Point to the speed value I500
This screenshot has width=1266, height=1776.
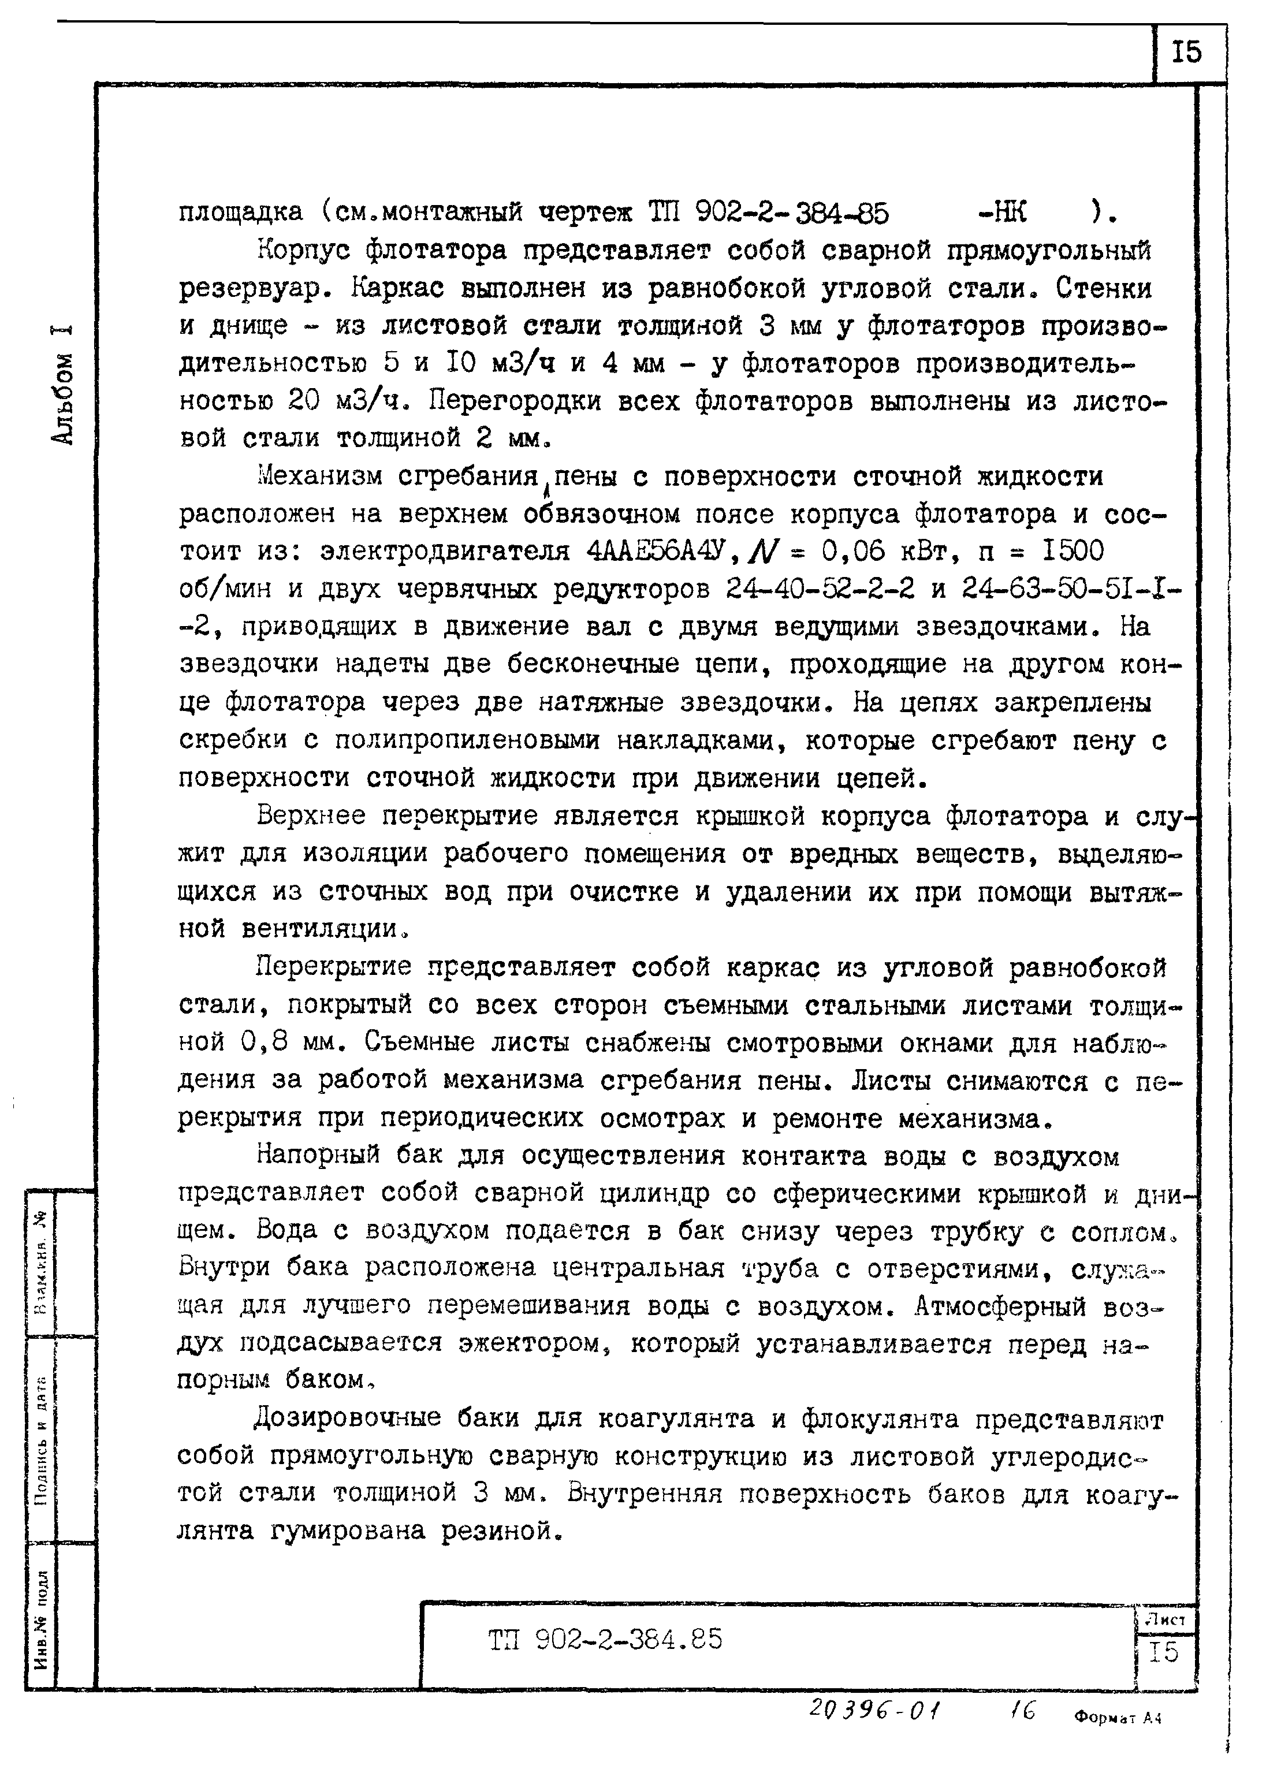tap(1072, 552)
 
